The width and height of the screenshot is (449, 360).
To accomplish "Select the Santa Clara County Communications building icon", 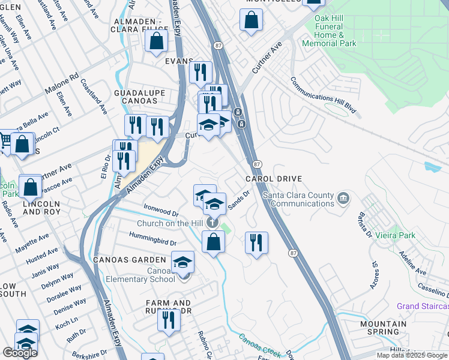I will click(343, 198).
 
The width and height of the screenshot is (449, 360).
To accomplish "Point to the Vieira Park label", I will click(395, 236).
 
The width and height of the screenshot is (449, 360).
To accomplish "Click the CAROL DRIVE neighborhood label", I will click(273, 179).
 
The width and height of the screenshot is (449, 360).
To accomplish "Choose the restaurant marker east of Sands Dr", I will click(256, 242).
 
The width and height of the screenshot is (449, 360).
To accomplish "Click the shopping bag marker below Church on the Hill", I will click(213, 242).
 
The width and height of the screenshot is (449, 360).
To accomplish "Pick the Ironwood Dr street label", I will click(161, 211).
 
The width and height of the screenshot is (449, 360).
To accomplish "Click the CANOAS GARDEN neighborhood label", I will click(129, 260).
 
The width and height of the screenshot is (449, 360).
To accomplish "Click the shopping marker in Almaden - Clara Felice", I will click(156, 42).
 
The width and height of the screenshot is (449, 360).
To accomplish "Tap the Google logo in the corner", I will click(20, 352).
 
